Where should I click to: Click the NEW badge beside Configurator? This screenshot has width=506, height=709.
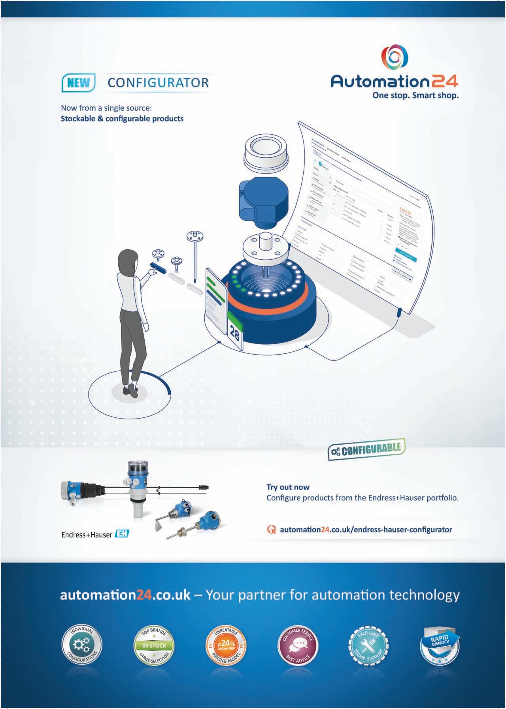pos(79,83)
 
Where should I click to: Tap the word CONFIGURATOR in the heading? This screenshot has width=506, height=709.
pos(158,83)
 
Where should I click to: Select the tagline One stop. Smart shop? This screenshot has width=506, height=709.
pos(415,95)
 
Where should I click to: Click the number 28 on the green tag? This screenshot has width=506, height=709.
pos(234,335)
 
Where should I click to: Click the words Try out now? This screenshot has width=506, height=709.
pos(288,487)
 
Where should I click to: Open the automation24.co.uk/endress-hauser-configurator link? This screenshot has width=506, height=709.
pos(366,529)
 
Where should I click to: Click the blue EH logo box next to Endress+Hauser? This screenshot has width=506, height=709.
pos(121,534)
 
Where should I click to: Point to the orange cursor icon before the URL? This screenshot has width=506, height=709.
pos(272,530)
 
